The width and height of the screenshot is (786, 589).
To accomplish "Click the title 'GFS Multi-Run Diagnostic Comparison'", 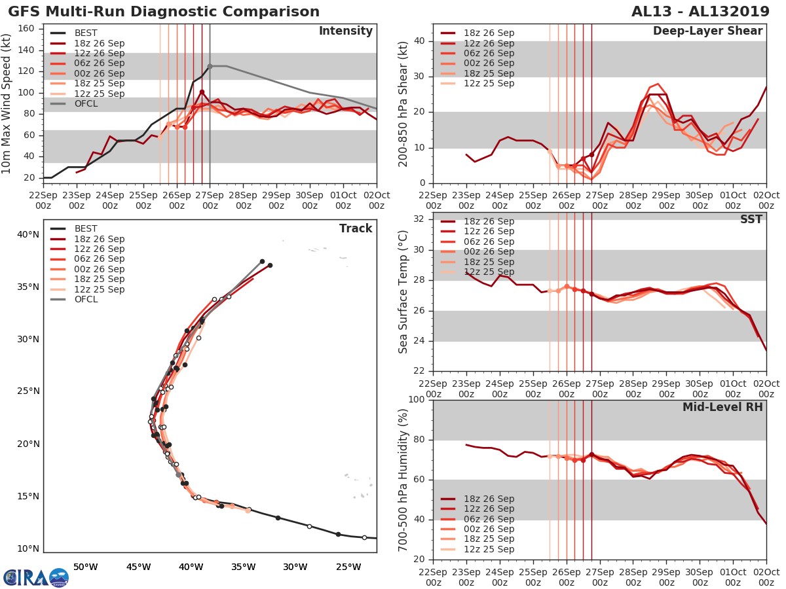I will click(x=164, y=12).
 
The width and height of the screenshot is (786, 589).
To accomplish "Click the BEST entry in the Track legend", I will click(x=86, y=228).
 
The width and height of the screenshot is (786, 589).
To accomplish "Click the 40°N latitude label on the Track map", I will click(x=28, y=234).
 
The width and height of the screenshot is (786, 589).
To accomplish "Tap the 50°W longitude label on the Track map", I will click(x=85, y=567).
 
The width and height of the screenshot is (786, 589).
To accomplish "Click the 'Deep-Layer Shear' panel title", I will click(x=707, y=31).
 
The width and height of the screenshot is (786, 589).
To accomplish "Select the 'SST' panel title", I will click(x=752, y=219).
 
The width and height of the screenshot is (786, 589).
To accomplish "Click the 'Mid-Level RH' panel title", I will click(x=722, y=407).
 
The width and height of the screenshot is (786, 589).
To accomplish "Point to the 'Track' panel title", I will click(x=356, y=228).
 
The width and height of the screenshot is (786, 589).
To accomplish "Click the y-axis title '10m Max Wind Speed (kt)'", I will click(x=8, y=103).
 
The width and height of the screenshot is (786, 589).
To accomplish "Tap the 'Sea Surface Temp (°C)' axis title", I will click(x=403, y=291).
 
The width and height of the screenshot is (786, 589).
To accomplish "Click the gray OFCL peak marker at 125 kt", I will click(x=210, y=66).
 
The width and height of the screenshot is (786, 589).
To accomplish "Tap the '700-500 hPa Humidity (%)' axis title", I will click(x=403, y=479).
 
